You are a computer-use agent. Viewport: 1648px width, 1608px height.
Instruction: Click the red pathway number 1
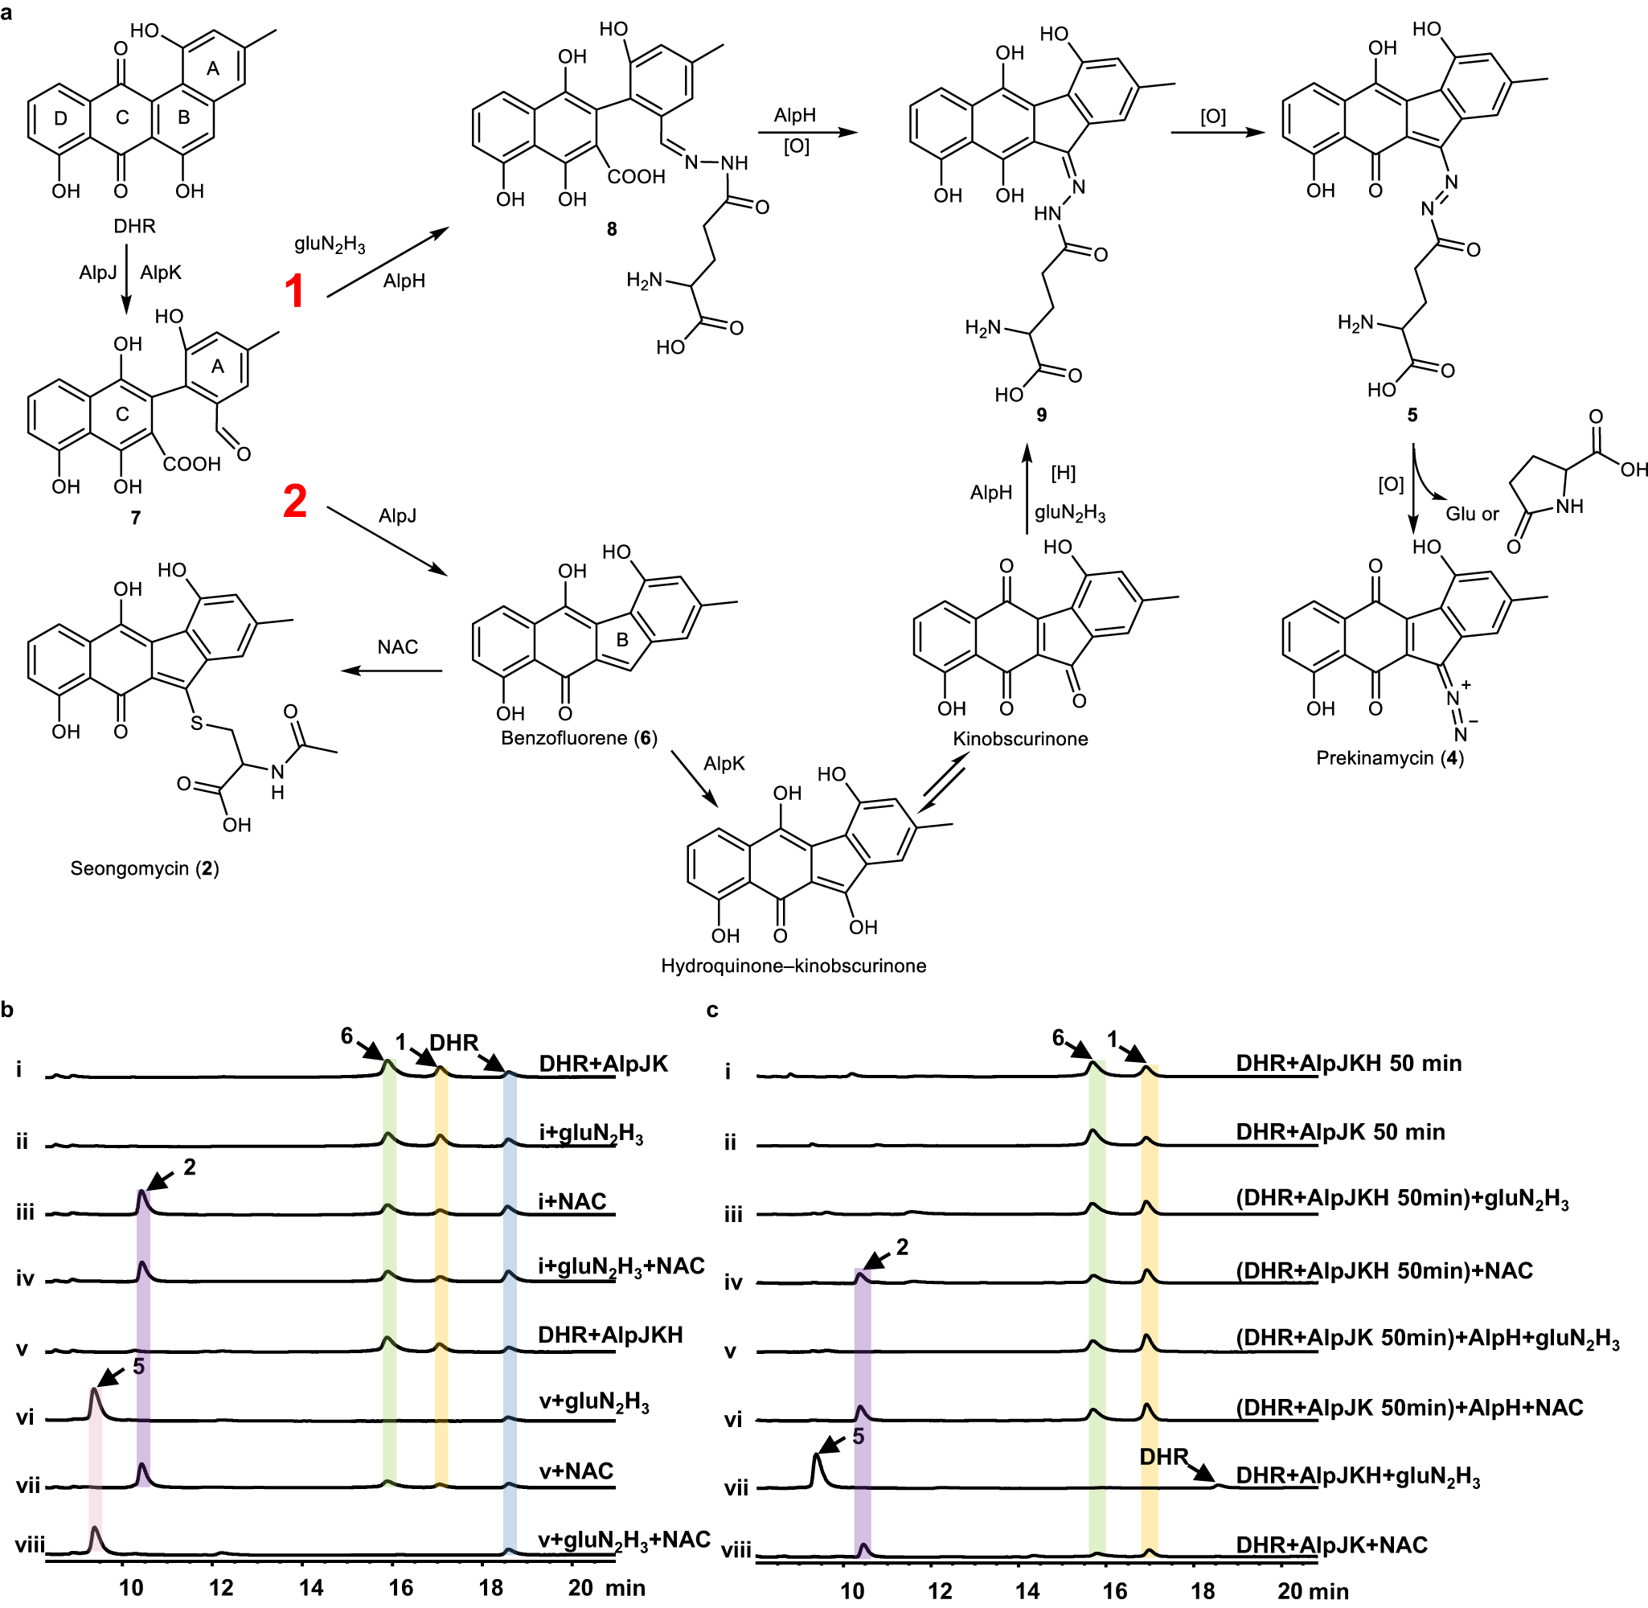coord(293,291)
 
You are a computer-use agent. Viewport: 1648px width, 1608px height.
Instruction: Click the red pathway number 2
coord(295,501)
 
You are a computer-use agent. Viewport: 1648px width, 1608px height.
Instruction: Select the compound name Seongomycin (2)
coord(145,868)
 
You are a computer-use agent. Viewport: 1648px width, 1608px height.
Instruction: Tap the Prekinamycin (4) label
coord(1390,757)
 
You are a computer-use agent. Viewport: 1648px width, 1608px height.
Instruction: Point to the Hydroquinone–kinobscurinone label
coord(793,966)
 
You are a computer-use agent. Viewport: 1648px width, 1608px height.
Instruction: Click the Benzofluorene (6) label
coord(578,737)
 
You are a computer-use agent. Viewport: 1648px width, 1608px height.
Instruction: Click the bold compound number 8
coord(611,229)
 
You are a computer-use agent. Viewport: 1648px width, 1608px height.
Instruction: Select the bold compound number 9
coord(1041,414)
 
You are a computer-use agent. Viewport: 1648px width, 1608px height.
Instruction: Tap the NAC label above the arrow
coord(398,647)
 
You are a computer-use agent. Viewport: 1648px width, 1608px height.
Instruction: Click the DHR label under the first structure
coord(135,227)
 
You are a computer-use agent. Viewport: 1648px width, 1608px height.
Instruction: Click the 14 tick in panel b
coord(310,1588)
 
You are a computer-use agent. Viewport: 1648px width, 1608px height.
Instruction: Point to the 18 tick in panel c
coord(1202,1591)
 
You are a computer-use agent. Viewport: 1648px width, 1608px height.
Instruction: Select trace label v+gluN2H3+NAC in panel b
coord(624,1540)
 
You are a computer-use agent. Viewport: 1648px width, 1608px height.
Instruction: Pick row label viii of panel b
coord(30,1545)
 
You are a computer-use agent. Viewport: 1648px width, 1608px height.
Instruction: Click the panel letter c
coord(711,1011)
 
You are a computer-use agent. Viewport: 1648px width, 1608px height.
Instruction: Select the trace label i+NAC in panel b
coord(572,1201)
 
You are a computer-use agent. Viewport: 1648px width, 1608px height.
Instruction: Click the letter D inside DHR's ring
coord(61,118)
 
